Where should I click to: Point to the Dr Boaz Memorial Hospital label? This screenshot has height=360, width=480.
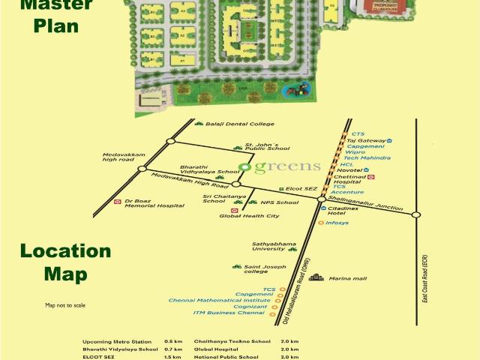(x=154, y=203)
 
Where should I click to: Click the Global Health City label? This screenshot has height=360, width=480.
(x=249, y=216)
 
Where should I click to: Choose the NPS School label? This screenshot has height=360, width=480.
(x=279, y=202)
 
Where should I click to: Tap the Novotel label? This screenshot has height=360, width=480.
(x=347, y=170)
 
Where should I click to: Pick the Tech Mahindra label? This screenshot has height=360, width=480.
(x=367, y=158)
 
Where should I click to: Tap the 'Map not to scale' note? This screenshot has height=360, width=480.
(x=65, y=305)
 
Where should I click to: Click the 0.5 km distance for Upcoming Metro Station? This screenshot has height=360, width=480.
(x=173, y=341)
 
